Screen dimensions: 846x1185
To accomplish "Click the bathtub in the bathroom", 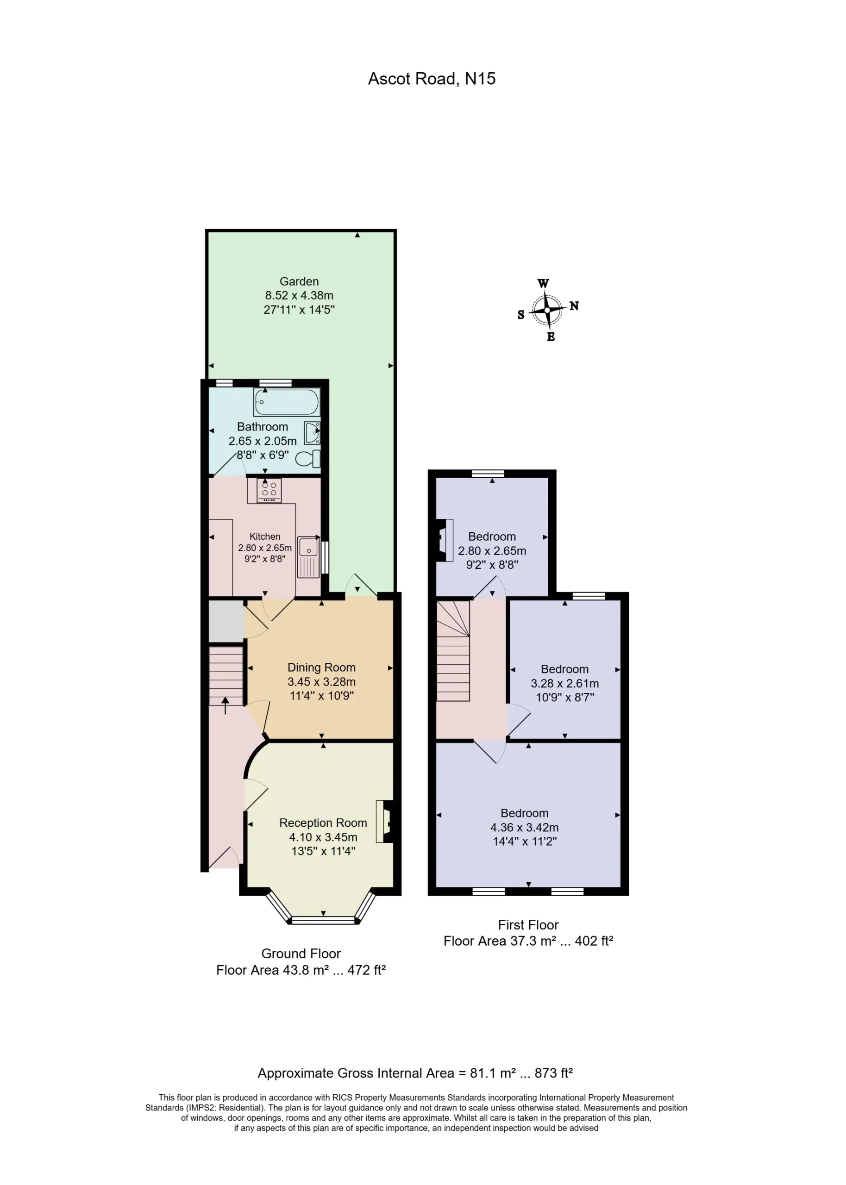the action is click(x=287, y=402).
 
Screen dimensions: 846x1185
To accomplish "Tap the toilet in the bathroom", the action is click(x=308, y=459).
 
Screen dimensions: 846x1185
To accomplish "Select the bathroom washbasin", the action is click(x=312, y=433).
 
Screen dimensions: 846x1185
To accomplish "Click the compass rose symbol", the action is click(x=547, y=310).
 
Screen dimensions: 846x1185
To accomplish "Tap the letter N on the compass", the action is click(x=574, y=306).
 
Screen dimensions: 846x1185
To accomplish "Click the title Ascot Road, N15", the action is click(x=432, y=79).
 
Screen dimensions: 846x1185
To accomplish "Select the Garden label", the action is click(x=299, y=281).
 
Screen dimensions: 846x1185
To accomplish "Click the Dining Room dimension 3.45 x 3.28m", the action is click(x=321, y=681).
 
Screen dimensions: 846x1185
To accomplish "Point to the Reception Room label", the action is click(x=323, y=823).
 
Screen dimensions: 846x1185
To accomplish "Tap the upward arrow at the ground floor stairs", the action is click(x=225, y=706).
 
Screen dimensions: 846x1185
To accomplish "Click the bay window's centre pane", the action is click(x=324, y=921).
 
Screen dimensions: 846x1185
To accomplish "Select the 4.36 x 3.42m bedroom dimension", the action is click(x=524, y=827).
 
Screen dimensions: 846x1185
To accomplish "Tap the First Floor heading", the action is click(x=528, y=925).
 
